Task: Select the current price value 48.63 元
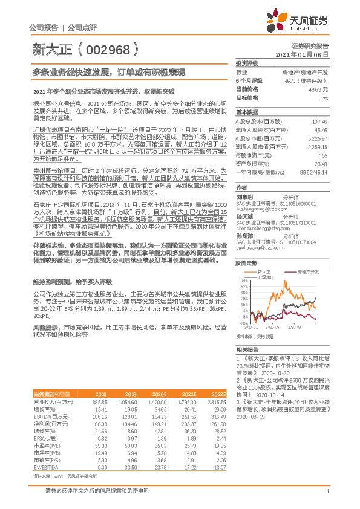point(318,88)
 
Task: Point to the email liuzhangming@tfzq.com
point(257,207)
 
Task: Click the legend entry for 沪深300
point(266,277)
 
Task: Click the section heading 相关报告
point(247,350)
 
